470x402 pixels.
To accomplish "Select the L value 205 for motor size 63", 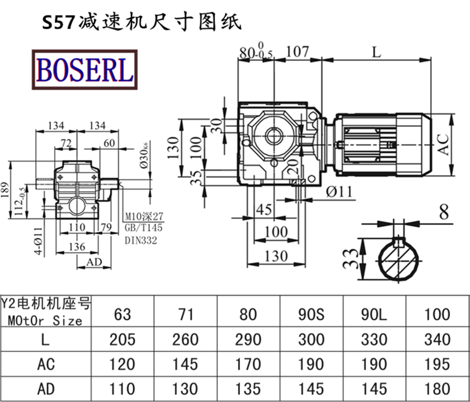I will (x=123, y=339).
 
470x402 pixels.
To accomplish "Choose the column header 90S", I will (x=311, y=314).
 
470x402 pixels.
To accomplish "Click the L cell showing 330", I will (x=374, y=339).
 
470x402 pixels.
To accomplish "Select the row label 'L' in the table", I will (x=46, y=339).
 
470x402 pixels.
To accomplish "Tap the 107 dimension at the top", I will (x=297, y=52).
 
